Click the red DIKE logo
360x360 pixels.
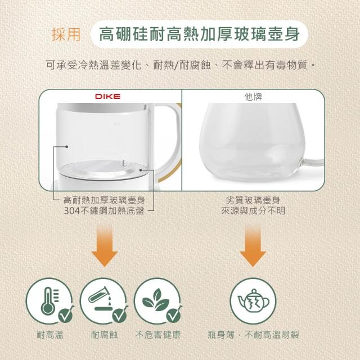(x=107, y=96)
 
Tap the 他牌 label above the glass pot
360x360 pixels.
(x=253, y=97)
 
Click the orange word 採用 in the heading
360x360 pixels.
(x=66, y=35)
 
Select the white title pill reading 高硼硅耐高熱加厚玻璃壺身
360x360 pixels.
(x=199, y=34)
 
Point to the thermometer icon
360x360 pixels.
(x=49, y=300)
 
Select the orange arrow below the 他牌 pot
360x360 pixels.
(x=253, y=246)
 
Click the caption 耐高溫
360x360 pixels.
(x=50, y=335)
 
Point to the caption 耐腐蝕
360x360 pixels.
(x=105, y=335)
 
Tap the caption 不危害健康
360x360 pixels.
(x=157, y=335)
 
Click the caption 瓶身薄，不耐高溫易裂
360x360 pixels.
(x=253, y=335)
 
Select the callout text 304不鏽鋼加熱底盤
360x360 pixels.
(x=104, y=210)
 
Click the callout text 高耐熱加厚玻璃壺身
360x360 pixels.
(x=104, y=200)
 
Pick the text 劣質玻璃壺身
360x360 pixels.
(x=253, y=200)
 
